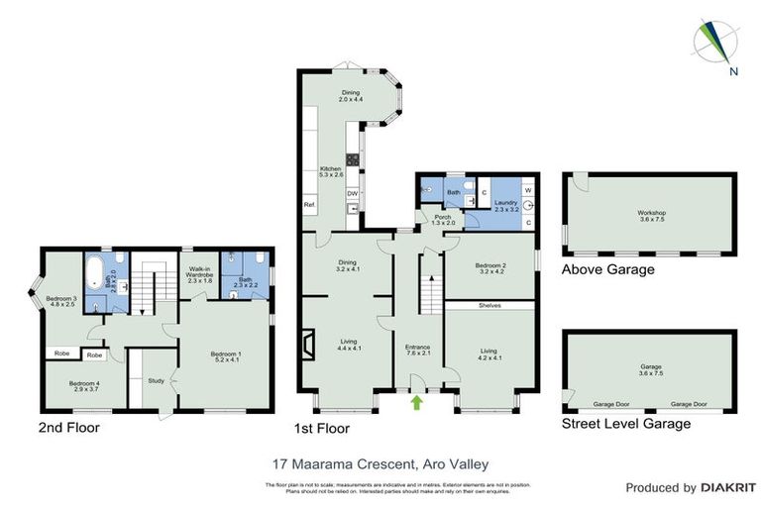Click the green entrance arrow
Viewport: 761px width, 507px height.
coord(416,403)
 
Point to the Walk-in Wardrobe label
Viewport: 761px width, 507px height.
coord(200,276)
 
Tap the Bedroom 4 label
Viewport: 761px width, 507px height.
coord(84,386)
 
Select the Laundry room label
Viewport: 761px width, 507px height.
coord(507,205)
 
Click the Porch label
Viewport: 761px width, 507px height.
coord(436,220)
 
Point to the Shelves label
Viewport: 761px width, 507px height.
coord(491,306)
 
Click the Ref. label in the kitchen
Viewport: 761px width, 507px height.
coord(308,205)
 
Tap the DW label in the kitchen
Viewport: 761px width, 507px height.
coord(352,194)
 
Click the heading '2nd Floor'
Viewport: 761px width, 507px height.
coord(68,428)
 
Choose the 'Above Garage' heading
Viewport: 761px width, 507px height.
coord(607,268)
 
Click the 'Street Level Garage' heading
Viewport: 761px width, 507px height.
coord(626,424)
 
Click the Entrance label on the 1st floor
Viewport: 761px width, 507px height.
coord(417,350)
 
